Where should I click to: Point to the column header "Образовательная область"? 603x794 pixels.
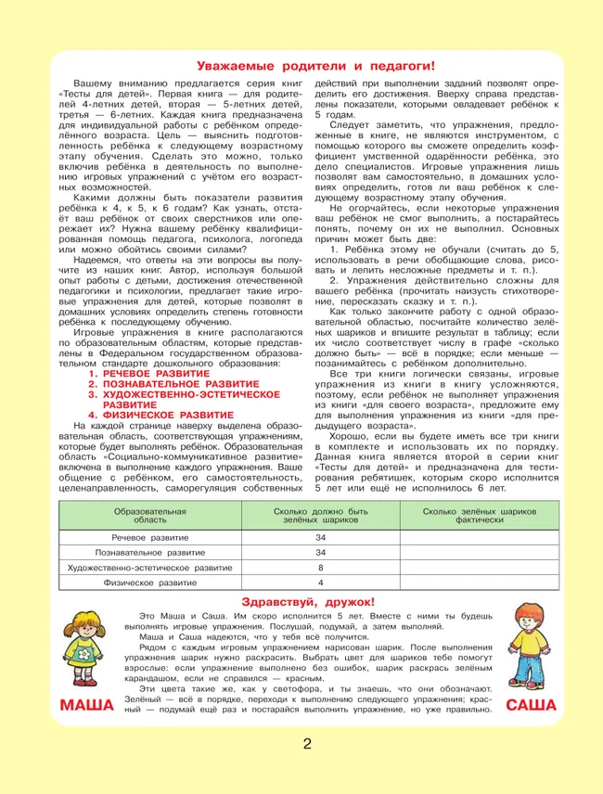point(149,517)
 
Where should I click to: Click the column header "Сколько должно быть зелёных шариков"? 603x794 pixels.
point(321,517)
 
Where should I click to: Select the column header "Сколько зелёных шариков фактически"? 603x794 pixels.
point(479,517)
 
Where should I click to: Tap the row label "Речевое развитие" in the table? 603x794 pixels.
point(149,538)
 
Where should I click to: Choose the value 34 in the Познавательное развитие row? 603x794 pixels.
point(321,553)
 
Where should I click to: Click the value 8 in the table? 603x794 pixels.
point(321,568)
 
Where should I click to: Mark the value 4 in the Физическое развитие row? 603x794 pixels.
point(321,583)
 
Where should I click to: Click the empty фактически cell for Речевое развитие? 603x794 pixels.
point(479,538)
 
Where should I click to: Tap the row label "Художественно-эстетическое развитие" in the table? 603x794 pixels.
point(149,568)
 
